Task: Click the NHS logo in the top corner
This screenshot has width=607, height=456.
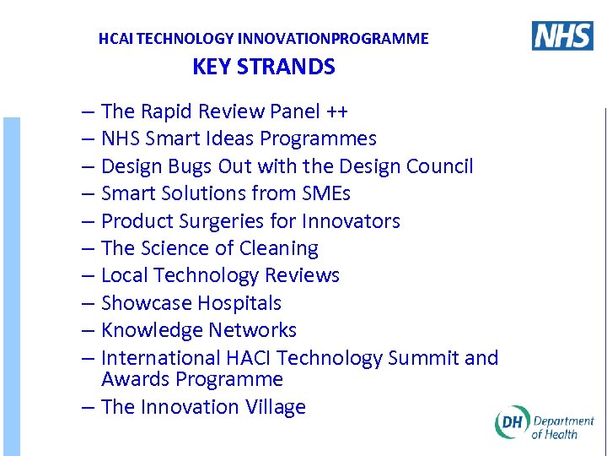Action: tap(562, 35)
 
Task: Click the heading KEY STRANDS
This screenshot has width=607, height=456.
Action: tap(264, 68)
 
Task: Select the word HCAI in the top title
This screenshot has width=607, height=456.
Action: tap(115, 39)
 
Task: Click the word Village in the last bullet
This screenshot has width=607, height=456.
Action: tap(276, 407)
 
